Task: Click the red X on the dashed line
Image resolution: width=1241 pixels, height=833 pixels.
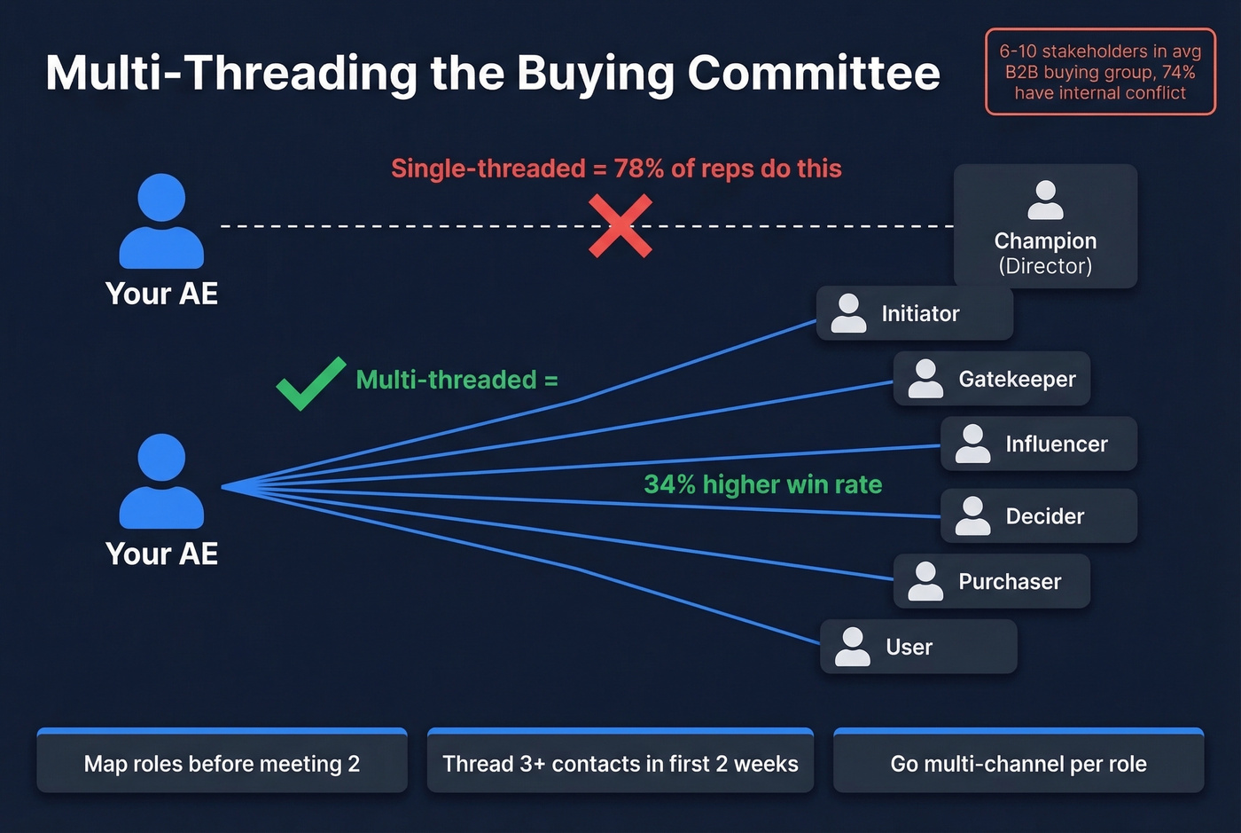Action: click(620, 226)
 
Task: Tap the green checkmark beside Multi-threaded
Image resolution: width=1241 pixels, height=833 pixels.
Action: click(309, 383)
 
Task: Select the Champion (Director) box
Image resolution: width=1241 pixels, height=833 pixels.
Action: click(1045, 227)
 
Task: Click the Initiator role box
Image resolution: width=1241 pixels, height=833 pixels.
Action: click(914, 313)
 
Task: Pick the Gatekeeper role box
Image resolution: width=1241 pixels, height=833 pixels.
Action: click(991, 379)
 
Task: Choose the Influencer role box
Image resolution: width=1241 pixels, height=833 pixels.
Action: click(1038, 444)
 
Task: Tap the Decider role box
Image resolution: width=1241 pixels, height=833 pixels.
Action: click(1038, 515)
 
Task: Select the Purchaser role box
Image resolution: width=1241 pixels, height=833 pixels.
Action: click(991, 581)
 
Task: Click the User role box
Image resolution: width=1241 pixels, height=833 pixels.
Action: click(917, 647)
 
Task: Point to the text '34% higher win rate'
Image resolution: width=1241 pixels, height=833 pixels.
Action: click(762, 484)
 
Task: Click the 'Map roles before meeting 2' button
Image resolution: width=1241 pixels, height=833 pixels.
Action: click(222, 762)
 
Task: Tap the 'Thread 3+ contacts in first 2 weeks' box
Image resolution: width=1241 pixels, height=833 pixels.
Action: click(620, 762)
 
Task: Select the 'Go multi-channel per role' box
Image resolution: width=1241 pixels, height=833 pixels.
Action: click(1018, 762)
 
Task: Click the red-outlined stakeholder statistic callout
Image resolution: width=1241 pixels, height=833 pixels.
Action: click(1100, 72)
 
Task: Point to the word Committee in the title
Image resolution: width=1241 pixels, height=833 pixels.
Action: click(813, 73)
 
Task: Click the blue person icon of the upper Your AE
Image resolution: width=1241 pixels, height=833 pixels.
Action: click(161, 221)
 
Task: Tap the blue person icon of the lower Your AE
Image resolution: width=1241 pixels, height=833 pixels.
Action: click(161, 481)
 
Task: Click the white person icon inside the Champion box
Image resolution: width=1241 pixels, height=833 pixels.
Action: click(1045, 200)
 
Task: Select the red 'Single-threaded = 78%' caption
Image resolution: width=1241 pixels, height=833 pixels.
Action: click(616, 169)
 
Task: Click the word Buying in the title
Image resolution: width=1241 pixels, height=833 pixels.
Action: click(595, 75)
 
